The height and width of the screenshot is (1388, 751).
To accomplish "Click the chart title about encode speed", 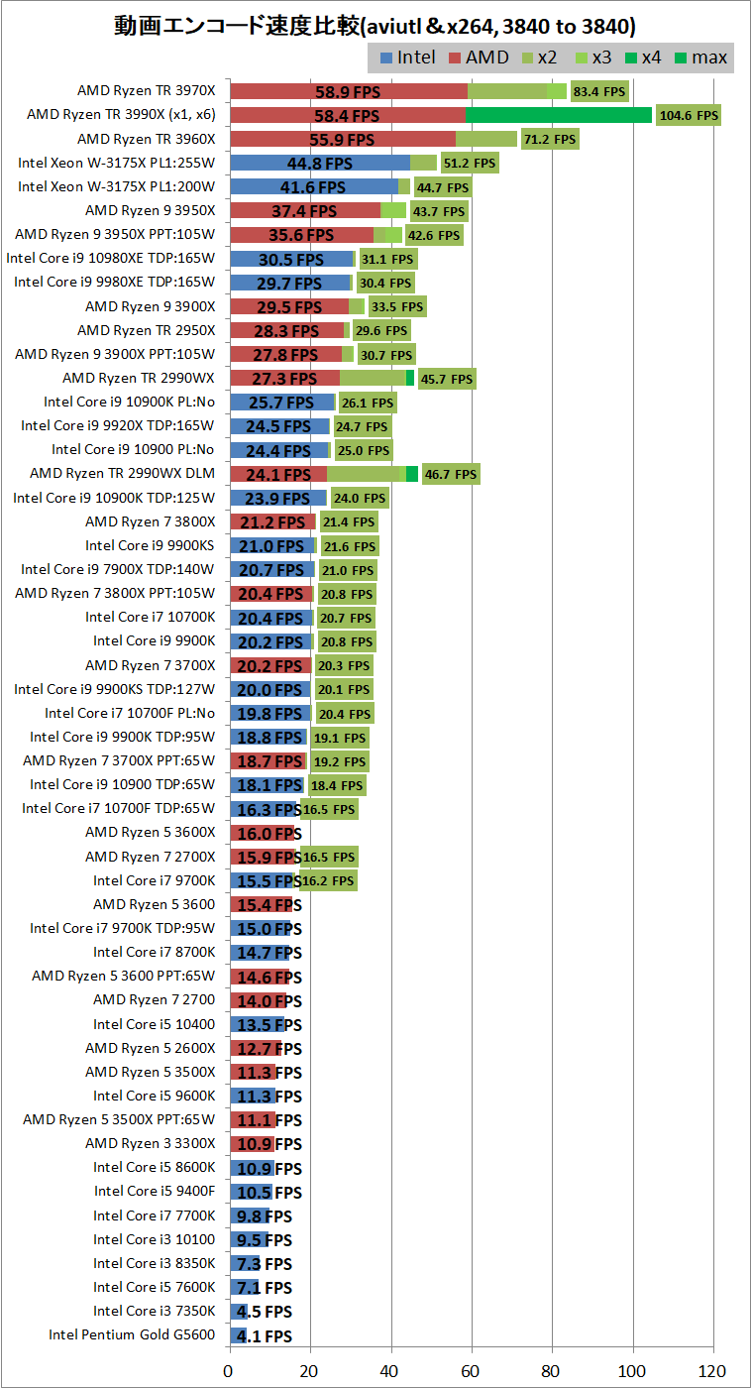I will [x=375, y=25].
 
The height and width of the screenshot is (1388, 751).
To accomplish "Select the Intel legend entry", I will [x=407, y=58].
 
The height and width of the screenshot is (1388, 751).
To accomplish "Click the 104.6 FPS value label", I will [x=688, y=116].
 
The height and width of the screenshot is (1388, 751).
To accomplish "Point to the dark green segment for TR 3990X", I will [x=558, y=115].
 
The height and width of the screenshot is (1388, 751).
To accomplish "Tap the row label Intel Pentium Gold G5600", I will [x=132, y=1334].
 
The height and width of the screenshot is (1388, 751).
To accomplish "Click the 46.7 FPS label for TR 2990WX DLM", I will [x=451, y=475].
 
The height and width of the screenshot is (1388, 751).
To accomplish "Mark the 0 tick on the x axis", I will [x=230, y=1371].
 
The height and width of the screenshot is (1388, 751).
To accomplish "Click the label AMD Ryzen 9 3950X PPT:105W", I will [x=115, y=235].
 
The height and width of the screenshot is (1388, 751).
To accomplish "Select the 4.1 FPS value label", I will [x=263, y=1335].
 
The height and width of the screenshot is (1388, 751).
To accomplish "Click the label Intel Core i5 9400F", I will [x=155, y=1191].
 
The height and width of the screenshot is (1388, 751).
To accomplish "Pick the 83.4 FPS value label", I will [x=599, y=92].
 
